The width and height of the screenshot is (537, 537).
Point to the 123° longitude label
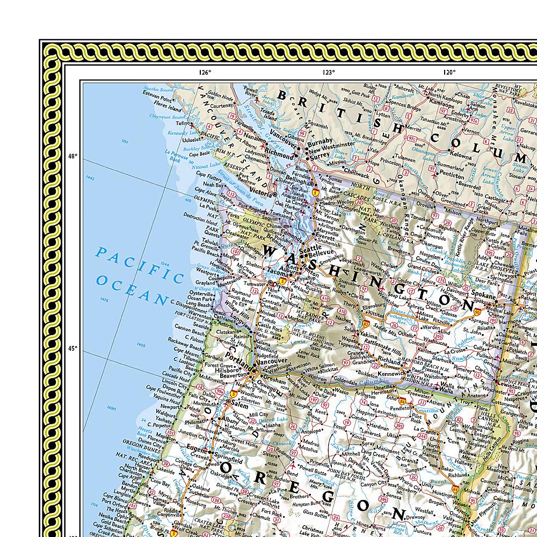click(329, 72)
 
